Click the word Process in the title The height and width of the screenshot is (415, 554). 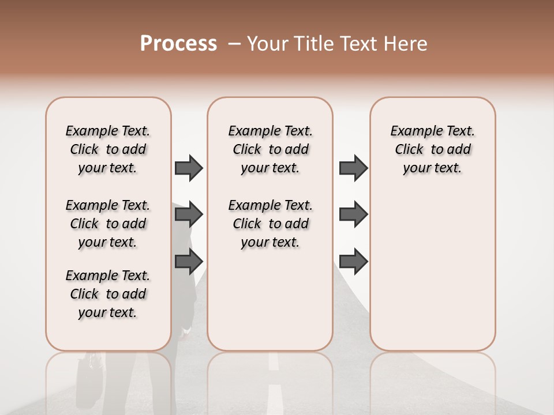(x=178, y=44)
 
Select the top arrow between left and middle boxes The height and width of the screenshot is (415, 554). (x=189, y=168)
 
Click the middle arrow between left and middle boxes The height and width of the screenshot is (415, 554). (x=189, y=215)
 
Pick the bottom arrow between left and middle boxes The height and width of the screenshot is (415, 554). (x=189, y=262)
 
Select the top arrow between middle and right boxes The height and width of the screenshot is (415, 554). (x=353, y=168)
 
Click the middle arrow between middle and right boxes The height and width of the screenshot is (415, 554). (x=353, y=215)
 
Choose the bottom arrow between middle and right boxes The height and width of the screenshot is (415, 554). (x=353, y=262)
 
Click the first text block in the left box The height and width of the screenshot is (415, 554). (x=108, y=149)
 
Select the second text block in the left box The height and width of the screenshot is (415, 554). (x=108, y=224)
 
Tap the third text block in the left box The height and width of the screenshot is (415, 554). (x=108, y=294)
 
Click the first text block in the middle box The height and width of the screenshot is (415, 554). (x=270, y=149)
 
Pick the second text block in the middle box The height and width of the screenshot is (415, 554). (x=270, y=224)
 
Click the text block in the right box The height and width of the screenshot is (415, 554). (x=432, y=149)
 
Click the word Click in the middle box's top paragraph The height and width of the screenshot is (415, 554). (x=247, y=150)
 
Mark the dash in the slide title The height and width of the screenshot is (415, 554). (x=234, y=44)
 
